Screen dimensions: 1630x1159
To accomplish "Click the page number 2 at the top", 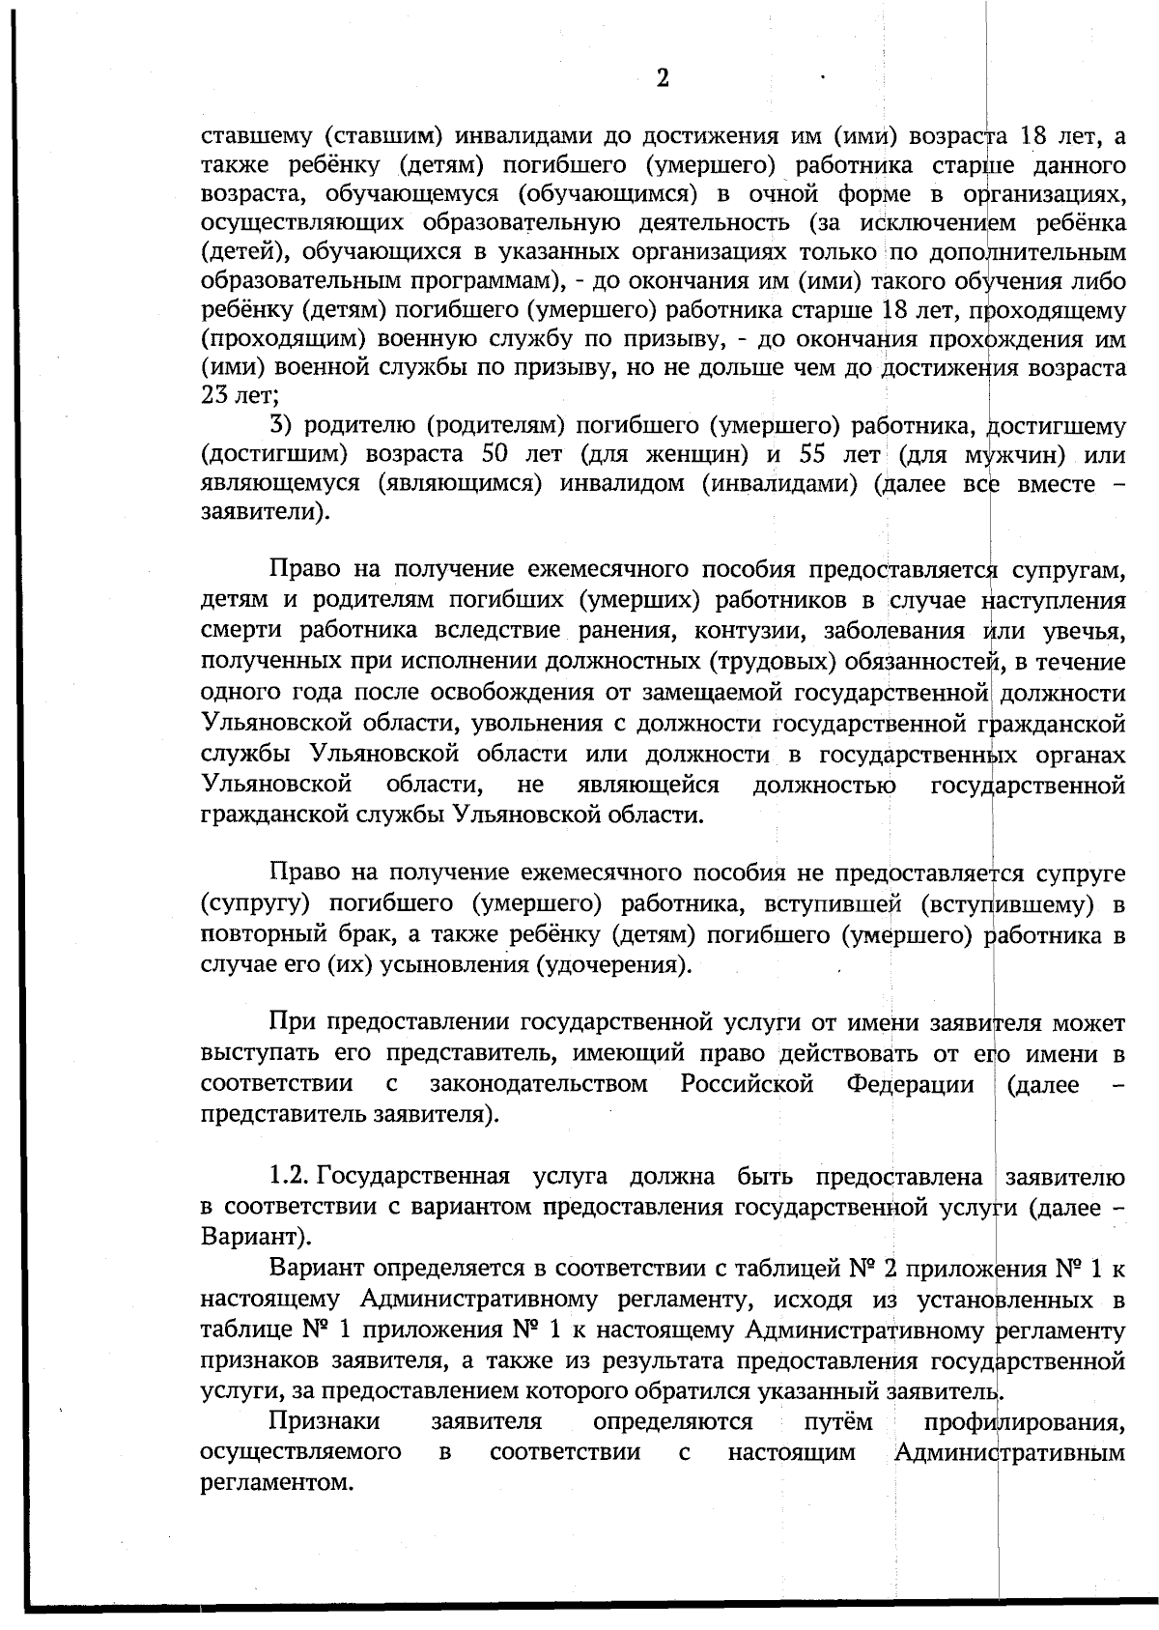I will pyautogui.click(x=663, y=78).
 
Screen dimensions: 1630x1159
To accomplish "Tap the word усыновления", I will pyautogui.click(x=452, y=964).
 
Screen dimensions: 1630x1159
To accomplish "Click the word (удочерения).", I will pyautogui.click(x=613, y=964).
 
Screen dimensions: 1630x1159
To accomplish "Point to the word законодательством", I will pyautogui.click(x=538, y=1084).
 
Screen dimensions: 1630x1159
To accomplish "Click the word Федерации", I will pyautogui.click(x=910, y=1084).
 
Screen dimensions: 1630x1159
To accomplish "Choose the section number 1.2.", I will pyautogui.click(x=289, y=1177).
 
